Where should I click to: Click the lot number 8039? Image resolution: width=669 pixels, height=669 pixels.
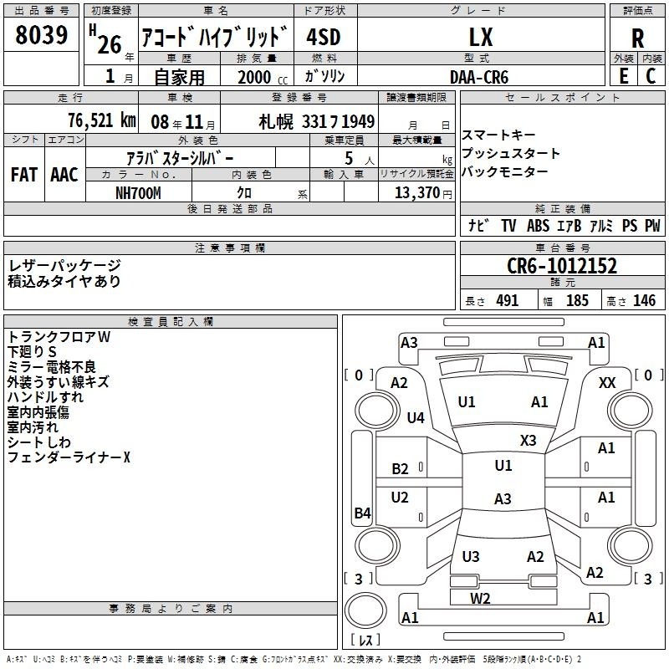click(x=41, y=34)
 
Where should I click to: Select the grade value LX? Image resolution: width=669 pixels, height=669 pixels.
click(x=481, y=37)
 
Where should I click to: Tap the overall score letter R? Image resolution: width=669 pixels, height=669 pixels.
click(x=637, y=38)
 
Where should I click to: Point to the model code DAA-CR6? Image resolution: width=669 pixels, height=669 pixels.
click(x=479, y=77)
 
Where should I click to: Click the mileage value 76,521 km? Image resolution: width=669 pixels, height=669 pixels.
click(x=102, y=120)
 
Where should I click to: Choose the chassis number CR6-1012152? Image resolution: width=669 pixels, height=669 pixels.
click(x=562, y=266)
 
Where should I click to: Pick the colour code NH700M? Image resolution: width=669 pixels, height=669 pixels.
click(x=138, y=193)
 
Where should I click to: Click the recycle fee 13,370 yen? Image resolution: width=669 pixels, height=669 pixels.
click(x=423, y=193)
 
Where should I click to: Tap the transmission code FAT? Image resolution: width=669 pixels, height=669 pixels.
click(x=24, y=175)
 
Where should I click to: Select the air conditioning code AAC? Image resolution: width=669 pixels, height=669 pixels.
click(x=64, y=175)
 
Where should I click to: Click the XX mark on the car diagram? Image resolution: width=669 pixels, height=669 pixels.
click(x=607, y=383)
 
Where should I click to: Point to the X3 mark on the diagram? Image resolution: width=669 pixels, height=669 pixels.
click(x=528, y=440)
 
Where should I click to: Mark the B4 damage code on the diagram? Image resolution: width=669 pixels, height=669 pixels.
click(x=362, y=513)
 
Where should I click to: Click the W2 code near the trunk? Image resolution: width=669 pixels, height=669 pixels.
click(x=480, y=598)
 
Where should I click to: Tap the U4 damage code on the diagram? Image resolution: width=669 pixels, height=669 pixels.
click(x=416, y=417)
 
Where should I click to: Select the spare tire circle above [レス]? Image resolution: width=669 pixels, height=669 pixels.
click(x=365, y=610)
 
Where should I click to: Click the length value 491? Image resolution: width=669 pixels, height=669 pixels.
click(x=508, y=300)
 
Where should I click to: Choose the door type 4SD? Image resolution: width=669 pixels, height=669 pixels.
click(x=324, y=37)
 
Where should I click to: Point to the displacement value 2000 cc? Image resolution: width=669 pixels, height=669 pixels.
click(x=263, y=77)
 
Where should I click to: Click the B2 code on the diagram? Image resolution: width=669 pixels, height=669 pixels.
click(x=401, y=468)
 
